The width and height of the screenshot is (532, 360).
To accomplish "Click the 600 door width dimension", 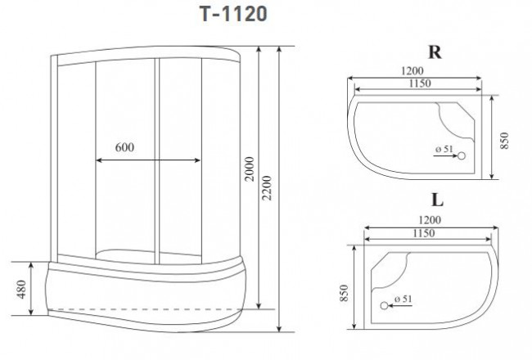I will (x=124, y=148).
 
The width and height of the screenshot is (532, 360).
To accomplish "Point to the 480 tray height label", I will (x=20, y=289).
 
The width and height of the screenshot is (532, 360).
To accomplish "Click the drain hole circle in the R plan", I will (x=461, y=155).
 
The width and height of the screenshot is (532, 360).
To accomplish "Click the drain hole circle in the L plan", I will (x=383, y=306).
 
